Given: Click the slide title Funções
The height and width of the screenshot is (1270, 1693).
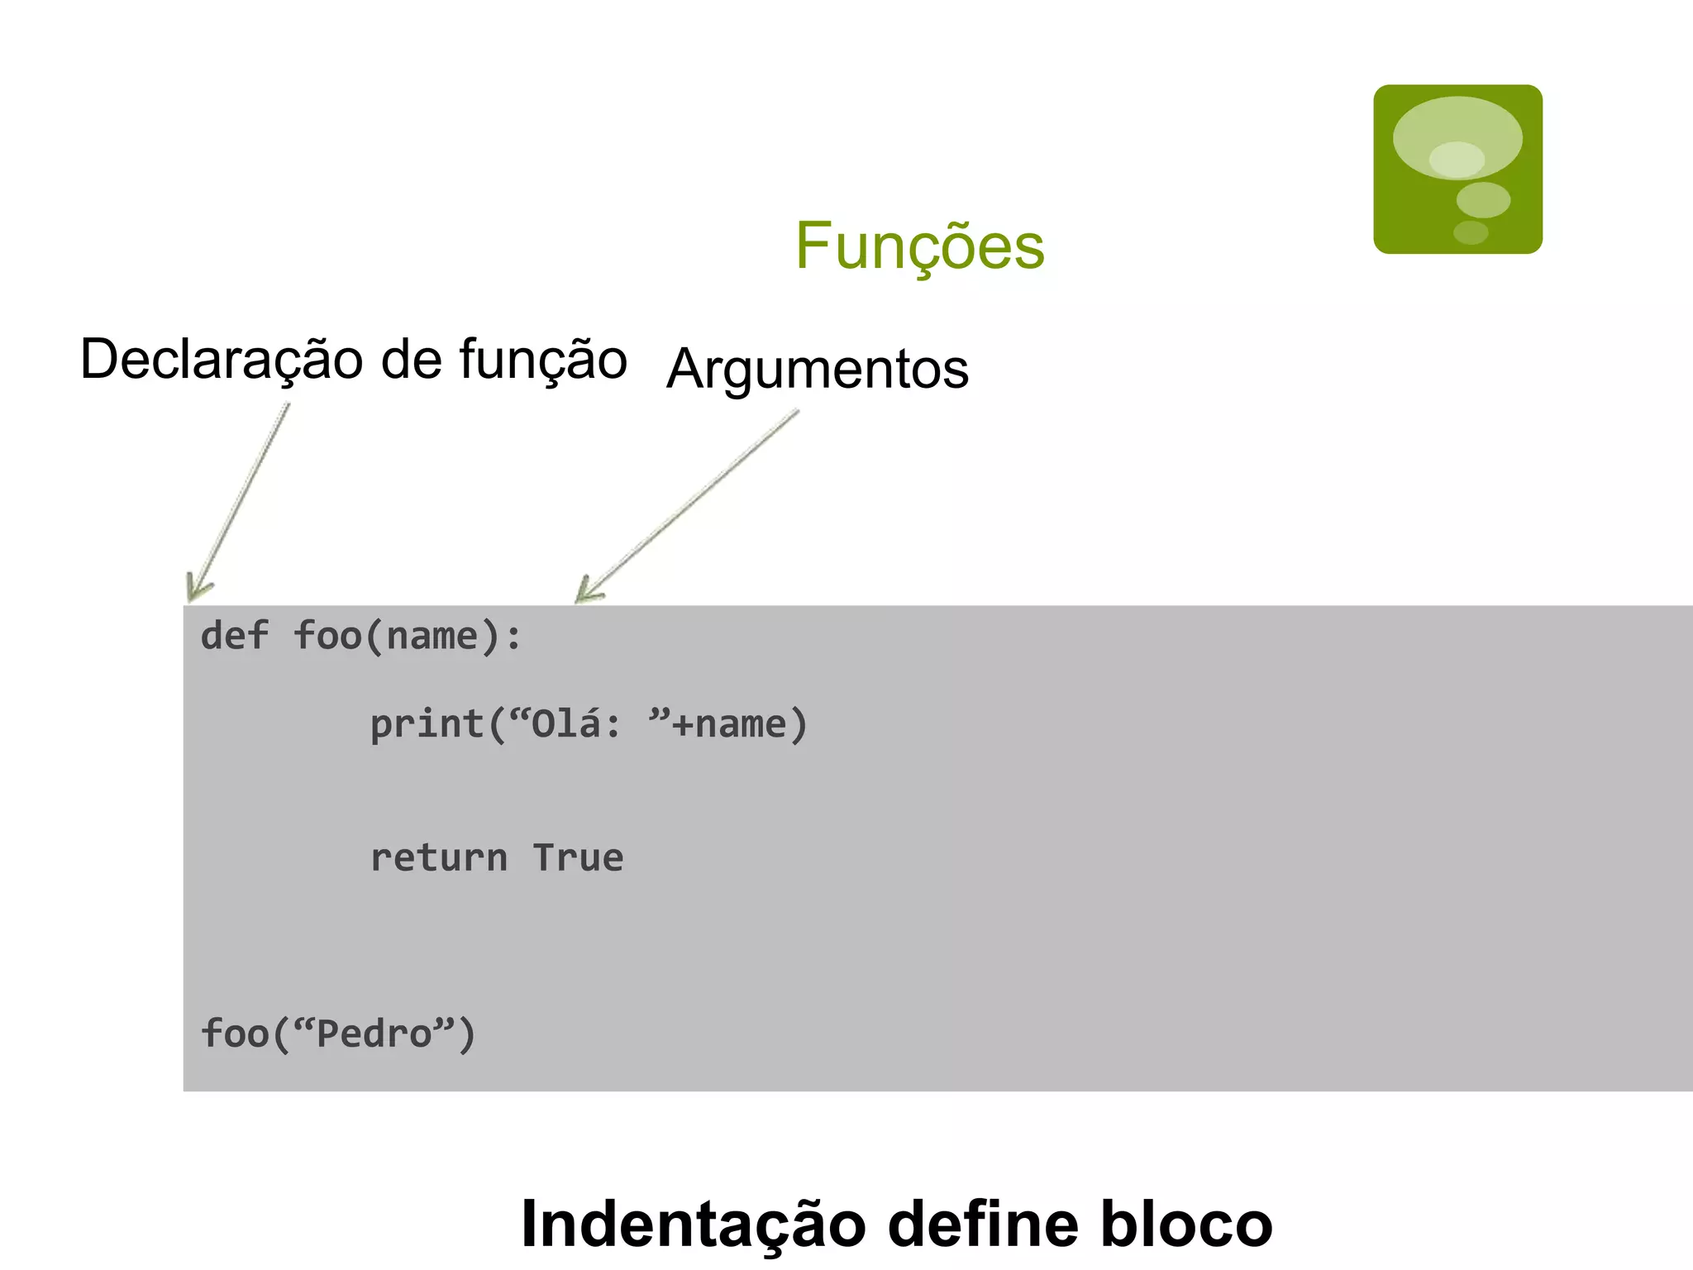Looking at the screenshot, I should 920,246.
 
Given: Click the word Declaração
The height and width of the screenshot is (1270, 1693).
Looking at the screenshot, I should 222,360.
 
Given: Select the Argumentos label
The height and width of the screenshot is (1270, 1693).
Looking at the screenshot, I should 818,369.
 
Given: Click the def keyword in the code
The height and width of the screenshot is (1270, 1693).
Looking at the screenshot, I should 235,637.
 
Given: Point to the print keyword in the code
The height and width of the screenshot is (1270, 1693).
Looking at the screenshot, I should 427,725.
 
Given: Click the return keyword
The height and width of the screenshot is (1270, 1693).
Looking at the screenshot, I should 439,858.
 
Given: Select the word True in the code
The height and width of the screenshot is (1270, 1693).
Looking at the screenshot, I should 578,858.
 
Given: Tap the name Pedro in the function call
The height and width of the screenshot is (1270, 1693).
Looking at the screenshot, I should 374,1034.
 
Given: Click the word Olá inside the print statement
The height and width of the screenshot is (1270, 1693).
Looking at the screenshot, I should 565,724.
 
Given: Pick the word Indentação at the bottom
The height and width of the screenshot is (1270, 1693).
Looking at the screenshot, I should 693,1225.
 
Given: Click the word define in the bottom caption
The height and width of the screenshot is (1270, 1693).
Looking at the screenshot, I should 983,1225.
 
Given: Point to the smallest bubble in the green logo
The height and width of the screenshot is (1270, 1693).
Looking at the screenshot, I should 1471,232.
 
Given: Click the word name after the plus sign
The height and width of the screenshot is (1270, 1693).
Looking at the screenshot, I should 741,725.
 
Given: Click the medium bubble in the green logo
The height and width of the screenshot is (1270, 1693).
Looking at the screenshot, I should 1483,199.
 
